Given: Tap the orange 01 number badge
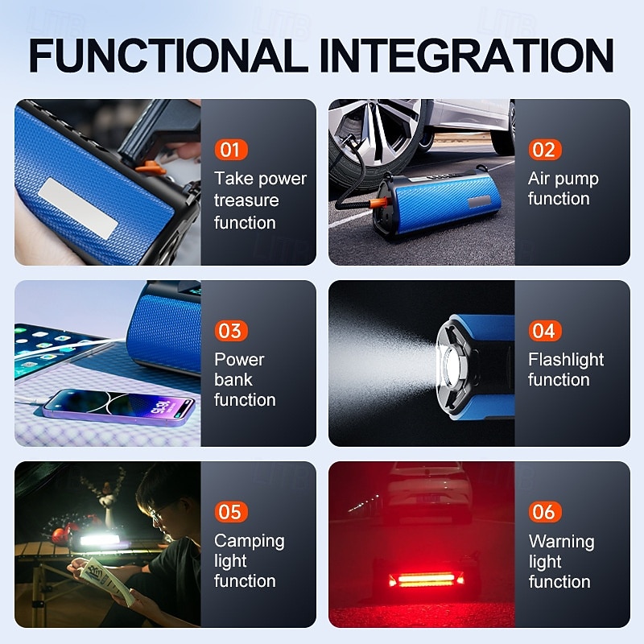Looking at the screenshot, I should tap(230, 150).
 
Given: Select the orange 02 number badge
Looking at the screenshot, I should tap(544, 150).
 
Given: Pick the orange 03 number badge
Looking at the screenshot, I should tap(230, 331).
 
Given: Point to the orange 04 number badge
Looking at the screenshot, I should tap(544, 331).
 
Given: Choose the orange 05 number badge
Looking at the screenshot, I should tap(230, 512).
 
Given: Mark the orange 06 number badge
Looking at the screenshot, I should tap(544, 512).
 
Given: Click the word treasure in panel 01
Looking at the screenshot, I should tap(246, 200).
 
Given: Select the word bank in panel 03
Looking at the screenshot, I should tap(233, 380).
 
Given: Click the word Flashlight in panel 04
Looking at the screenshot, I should tap(566, 360).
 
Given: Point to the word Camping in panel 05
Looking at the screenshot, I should tap(250, 541).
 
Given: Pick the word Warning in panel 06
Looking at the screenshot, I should tap(561, 541).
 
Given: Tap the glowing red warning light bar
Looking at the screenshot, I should tap(426, 579).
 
